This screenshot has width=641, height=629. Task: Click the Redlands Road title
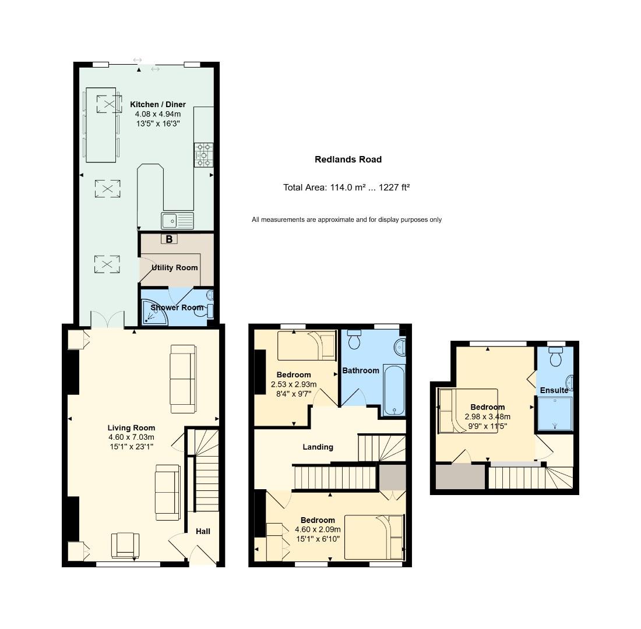point(348,160)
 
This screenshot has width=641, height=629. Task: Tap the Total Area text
point(346,188)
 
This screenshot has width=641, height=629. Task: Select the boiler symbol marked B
point(169,239)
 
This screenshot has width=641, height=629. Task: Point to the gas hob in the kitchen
point(203,156)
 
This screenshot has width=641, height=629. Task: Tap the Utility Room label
point(174,268)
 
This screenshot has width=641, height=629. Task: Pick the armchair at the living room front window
point(125,545)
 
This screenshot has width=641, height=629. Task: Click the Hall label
point(203,531)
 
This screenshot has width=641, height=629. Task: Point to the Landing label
point(318,447)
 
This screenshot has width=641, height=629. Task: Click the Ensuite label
point(554,390)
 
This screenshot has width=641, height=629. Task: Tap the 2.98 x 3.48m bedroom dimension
point(487,416)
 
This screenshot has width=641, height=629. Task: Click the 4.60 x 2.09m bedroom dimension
point(318,529)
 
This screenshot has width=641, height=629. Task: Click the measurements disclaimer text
point(346,220)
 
